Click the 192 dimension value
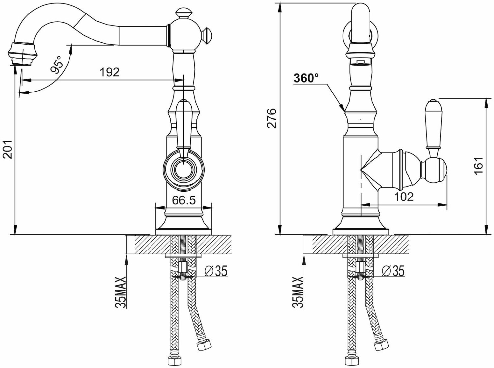[109, 72]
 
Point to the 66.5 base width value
[184, 200]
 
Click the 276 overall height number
[272, 118]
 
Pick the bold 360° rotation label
[306, 78]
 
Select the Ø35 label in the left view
[216, 271]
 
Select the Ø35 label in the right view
[393, 271]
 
